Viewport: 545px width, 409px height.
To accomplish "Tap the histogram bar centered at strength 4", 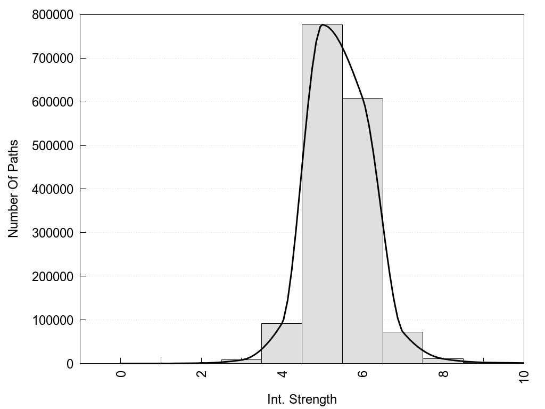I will tap(282, 343).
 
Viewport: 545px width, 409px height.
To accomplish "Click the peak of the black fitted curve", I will tap(323, 24).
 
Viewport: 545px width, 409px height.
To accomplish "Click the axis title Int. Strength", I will tap(302, 399).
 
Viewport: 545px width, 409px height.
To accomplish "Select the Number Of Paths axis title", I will tap(13, 189).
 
